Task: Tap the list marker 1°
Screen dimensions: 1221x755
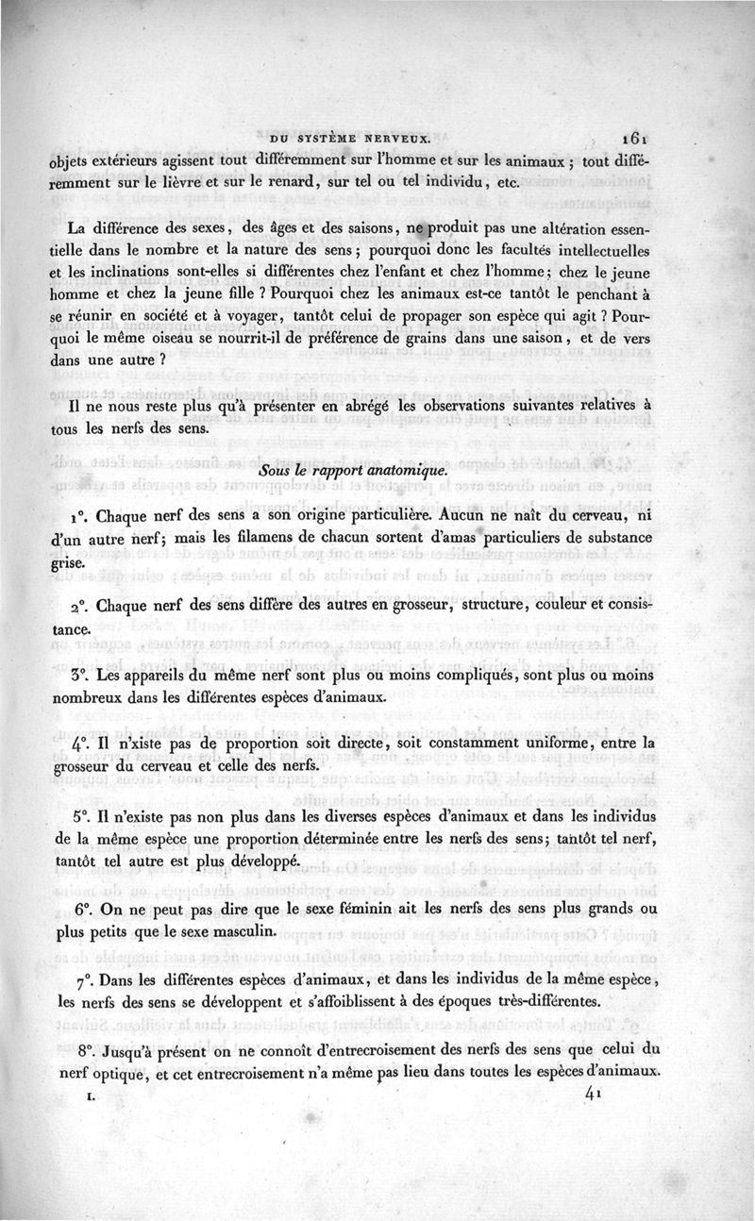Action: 77,518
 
